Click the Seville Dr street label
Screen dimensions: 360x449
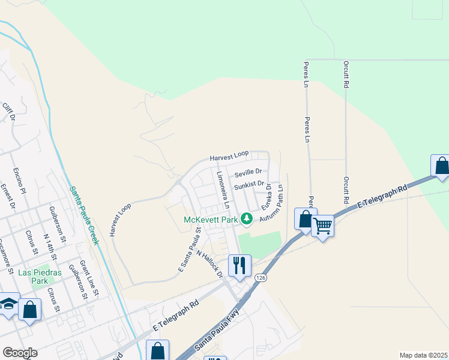point(249,172)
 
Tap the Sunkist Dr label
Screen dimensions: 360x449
point(249,184)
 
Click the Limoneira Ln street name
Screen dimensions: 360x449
point(223,188)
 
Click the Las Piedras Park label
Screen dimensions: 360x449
point(41,277)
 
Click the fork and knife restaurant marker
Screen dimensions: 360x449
point(239,264)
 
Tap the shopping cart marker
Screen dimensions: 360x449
point(323,226)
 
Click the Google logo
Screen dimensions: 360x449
point(20,353)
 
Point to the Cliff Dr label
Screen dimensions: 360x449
point(8,112)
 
